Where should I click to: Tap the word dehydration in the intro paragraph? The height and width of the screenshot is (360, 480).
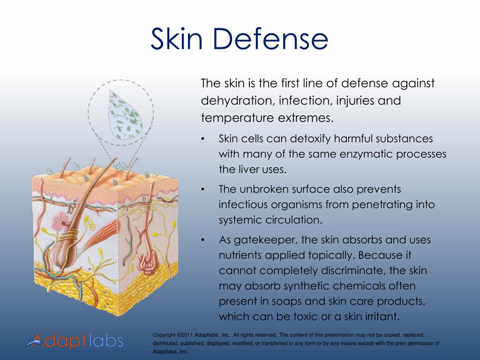(x=236, y=101)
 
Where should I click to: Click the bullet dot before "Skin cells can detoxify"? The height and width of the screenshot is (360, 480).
(x=202, y=139)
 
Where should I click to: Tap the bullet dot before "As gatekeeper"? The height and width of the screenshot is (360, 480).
(x=202, y=240)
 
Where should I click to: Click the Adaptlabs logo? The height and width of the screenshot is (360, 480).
(x=74, y=341)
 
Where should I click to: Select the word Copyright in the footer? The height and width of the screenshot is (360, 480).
(x=165, y=335)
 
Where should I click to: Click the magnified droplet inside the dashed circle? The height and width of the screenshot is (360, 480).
(x=124, y=115)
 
